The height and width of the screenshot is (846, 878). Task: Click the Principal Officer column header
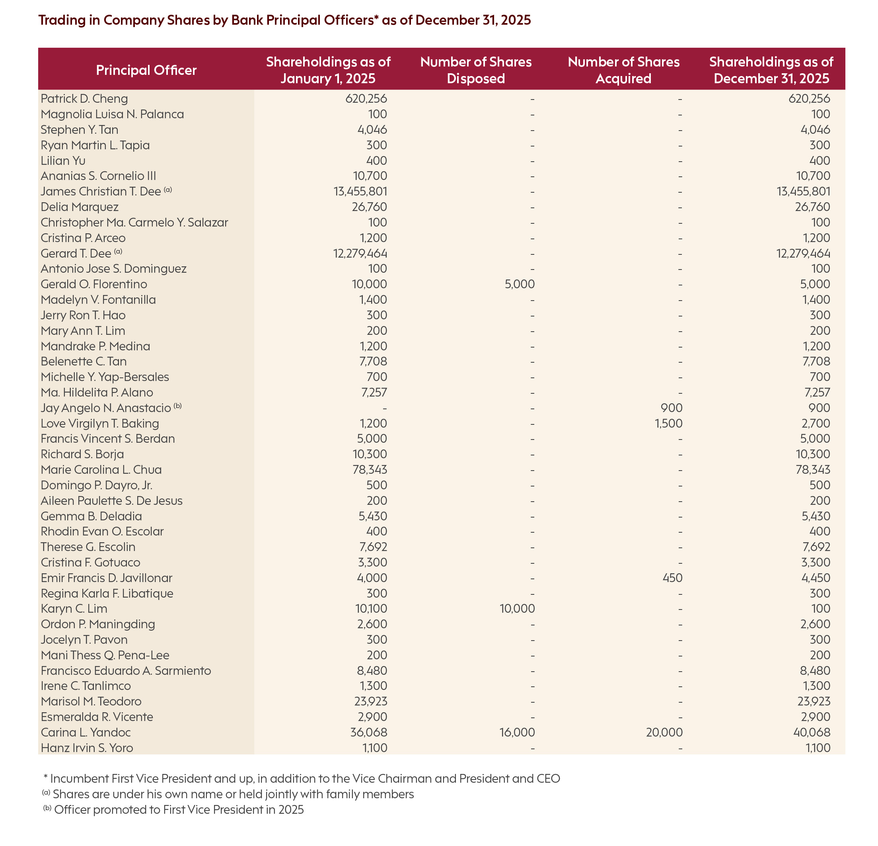pos(146,70)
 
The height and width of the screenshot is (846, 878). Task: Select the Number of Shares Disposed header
pos(476,70)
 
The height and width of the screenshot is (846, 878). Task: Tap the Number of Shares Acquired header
pos(623,70)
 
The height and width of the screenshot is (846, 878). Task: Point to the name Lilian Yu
pos(63,160)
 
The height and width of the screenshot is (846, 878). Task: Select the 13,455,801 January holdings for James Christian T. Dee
pos(360,191)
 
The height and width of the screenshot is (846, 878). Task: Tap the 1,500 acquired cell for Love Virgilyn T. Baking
pos(668,423)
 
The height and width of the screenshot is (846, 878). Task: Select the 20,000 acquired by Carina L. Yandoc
pos(664,733)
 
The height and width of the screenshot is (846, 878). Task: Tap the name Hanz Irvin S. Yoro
pos(87,748)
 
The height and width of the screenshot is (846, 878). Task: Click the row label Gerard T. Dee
pos(76,254)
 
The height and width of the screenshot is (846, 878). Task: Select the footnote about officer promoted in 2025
pos(178,810)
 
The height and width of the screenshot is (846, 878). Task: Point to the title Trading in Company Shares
pos(284,20)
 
